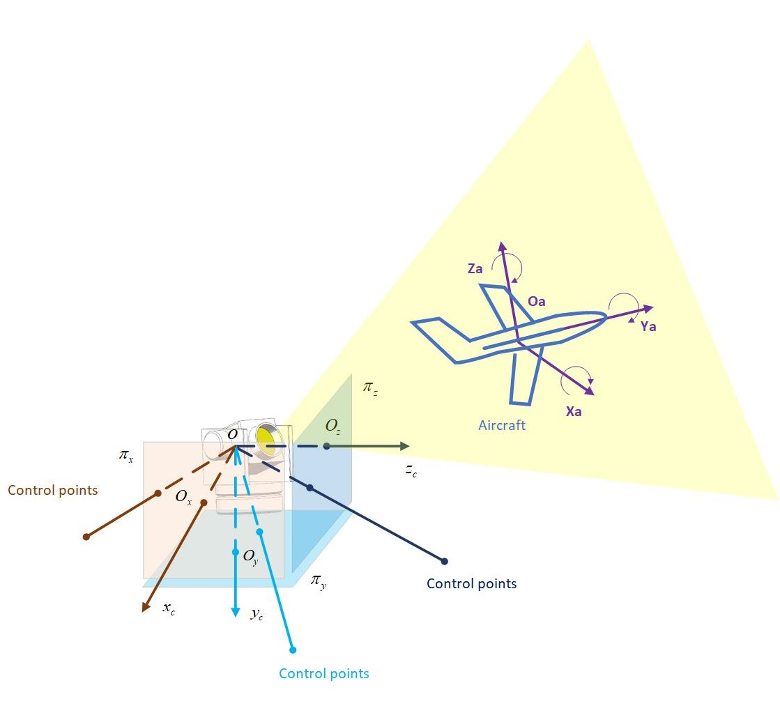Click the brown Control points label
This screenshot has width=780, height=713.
coord(52,490)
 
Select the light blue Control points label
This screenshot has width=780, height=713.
coord(323,673)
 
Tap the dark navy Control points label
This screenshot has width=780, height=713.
coord(471,583)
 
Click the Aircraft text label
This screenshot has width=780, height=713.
coord(502,425)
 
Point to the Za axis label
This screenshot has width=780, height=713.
coord(475,268)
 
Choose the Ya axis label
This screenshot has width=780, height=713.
coord(648,325)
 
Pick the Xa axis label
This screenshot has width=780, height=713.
coord(573,411)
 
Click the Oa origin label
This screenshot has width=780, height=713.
coord(536,301)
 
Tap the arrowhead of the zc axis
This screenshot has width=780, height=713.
coord(405,446)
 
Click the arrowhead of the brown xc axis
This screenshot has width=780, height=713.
coord(146,608)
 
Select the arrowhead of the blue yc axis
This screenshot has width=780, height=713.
coord(236,613)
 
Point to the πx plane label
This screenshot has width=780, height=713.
coord(126,457)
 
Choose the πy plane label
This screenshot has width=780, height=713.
coord(319,581)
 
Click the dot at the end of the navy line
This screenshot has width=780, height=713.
coord(444,561)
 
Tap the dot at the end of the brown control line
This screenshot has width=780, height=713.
coord(86,537)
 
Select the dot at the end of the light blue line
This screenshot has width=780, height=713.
coord(293,650)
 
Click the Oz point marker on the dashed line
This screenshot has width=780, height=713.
coord(326,446)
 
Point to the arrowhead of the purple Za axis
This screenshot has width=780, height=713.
coord(501,245)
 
